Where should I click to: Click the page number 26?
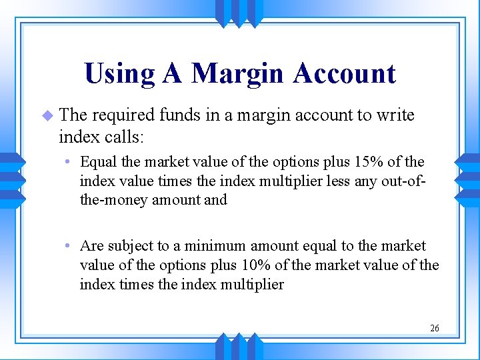click(435, 328)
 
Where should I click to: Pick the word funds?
click(180, 115)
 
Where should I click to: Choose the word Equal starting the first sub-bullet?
click(97, 162)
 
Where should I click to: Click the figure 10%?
click(254, 265)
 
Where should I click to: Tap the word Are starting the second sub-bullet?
click(91, 246)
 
